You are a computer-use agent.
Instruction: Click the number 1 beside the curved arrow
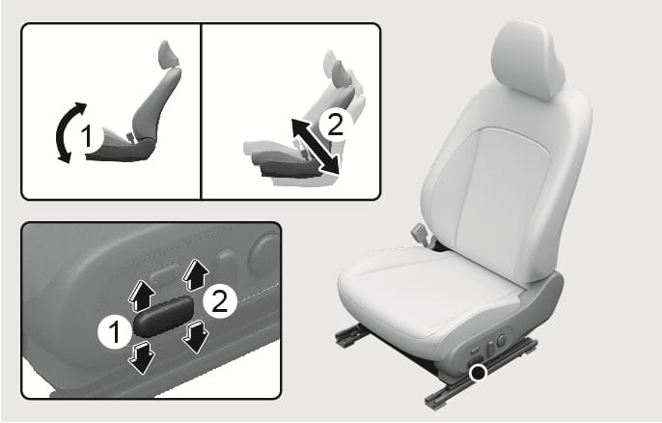tap(87, 136)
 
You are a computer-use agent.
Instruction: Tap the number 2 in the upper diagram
tap(336, 126)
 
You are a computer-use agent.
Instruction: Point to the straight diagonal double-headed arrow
tap(316, 146)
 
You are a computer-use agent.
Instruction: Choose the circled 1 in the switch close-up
tap(115, 332)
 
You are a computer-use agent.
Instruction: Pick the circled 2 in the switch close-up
tap(220, 301)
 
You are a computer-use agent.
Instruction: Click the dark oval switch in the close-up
tap(163, 316)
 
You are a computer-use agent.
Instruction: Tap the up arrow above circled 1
tap(141, 297)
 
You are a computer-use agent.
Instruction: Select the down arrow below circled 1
tap(142, 358)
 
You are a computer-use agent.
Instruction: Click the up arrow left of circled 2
tap(196, 275)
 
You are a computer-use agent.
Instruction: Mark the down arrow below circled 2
tap(196, 336)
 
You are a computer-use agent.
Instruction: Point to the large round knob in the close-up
tap(263, 254)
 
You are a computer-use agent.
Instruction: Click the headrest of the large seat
tap(529, 58)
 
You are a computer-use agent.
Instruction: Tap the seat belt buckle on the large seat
tap(422, 234)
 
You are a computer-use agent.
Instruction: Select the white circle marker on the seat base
tap(479, 372)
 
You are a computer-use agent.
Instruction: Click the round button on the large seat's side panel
tap(501, 340)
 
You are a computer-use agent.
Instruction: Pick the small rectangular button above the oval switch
tap(165, 273)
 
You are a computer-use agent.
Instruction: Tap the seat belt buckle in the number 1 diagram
tap(131, 137)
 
